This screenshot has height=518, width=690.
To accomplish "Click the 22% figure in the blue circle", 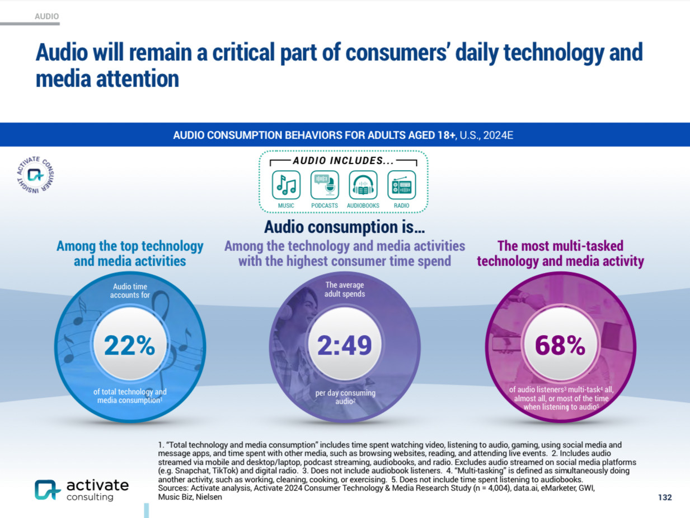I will click(x=129, y=346).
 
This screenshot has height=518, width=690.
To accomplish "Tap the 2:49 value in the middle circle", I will click(x=345, y=346).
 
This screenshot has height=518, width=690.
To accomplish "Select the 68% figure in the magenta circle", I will click(x=560, y=346).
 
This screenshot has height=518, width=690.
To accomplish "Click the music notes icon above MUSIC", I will click(x=286, y=185).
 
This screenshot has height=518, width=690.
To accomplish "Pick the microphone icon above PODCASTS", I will click(x=325, y=185).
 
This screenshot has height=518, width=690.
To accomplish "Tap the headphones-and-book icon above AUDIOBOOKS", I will click(x=363, y=185).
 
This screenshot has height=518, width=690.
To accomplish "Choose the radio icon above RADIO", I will click(x=401, y=185).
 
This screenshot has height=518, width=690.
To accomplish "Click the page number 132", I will click(x=664, y=497).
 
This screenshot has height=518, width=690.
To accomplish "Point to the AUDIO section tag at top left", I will click(x=46, y=17).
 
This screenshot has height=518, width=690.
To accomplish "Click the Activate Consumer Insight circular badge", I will click(x=35, y=175).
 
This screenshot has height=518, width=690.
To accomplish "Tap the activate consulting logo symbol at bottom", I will click(x=47, y=489).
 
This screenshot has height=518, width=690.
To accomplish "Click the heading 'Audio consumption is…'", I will click(x=345, y=227).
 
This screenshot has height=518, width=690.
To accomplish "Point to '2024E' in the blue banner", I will click(x=498, y=136).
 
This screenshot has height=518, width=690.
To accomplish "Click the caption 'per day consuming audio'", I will click(x=345, y=397).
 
